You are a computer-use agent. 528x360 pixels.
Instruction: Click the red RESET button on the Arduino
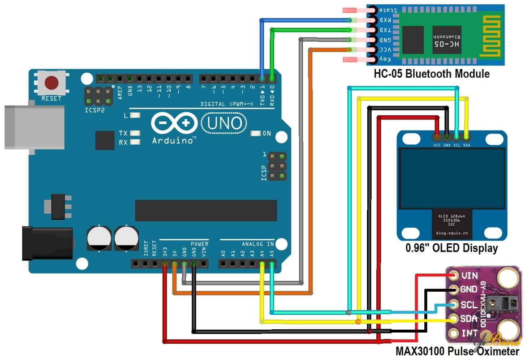click(52, 82)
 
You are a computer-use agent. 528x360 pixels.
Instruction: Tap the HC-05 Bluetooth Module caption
click(432, 74)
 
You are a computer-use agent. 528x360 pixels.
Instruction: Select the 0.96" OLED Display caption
click(451, 248)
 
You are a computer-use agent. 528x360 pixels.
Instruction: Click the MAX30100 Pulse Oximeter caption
click(457, 351)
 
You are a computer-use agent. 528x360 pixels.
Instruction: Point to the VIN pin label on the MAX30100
click(469, 276)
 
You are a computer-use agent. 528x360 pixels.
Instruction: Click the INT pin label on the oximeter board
click(469, 333)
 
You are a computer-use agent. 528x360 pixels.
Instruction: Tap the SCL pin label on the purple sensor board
click(469, 305)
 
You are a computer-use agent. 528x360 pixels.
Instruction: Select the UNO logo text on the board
click(224, 123)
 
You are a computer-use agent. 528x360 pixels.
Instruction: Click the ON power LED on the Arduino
click(256, 133)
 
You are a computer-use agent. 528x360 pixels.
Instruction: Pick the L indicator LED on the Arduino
click(135, 115)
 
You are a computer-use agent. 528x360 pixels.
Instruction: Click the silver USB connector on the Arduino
click(34, 127)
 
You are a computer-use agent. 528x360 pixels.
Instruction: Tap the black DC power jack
click(47, 243)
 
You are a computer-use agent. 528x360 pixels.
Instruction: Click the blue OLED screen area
click(451, 179)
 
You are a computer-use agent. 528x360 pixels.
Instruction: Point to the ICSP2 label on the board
click(95, 110)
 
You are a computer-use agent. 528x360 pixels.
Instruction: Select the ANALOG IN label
click(257, 244)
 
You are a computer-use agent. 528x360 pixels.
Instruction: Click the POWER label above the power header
click(199, 244)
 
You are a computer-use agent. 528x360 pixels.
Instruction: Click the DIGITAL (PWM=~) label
click(227, 104)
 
